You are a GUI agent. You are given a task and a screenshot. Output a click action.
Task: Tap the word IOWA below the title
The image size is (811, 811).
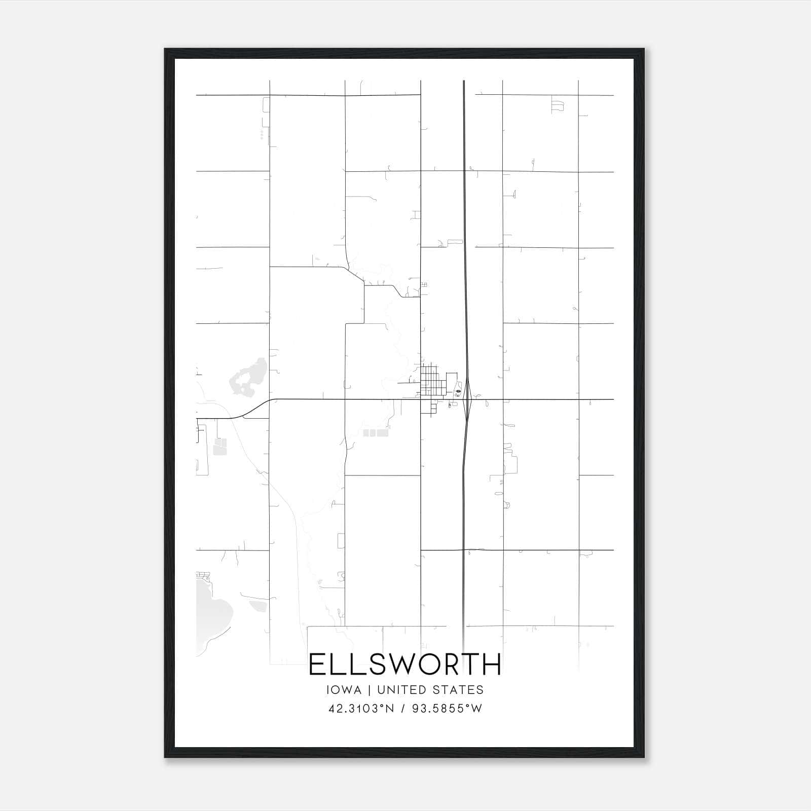[345, 690]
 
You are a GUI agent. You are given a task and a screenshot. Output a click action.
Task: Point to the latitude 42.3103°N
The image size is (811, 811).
[361, 709]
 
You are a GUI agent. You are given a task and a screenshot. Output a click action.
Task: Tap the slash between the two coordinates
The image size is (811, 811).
[403, 709]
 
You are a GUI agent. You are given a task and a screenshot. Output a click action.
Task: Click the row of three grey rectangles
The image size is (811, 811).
[376, 433]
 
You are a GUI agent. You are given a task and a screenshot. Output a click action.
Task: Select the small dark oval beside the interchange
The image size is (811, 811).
[458, 391]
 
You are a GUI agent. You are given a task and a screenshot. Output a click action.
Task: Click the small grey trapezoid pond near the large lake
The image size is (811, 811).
[257, 606]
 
